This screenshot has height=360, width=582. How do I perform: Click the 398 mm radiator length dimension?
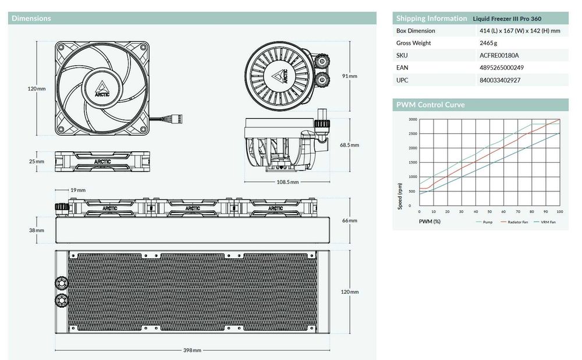tap(192, 350)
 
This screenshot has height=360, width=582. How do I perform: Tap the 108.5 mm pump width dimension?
tap(288, 182)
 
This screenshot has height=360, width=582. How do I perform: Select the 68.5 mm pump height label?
tap(350, 145)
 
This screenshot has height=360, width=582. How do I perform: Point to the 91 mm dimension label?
tap(350, 76)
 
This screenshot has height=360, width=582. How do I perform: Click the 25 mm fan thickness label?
tap(36, 161)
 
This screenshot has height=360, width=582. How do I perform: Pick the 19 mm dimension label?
tap(78, 190)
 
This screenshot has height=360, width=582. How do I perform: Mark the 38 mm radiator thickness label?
tap(36, 230)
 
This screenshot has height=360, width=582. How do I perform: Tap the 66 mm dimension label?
tap(350, 220)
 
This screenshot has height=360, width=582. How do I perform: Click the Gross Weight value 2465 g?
tap(488, 43)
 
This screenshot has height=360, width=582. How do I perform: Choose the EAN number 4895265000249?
tap(502, 67)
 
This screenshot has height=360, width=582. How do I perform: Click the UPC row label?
tap(402, 80)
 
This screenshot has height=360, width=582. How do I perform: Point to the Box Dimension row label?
tap(416, 31)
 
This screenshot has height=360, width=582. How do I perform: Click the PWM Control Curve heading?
tap(430, 105)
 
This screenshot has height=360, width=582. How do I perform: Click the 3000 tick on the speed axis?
tap(413, 119)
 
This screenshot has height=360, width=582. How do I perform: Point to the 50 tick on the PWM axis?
tap(489, 212)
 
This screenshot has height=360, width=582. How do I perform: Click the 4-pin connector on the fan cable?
tap(180, 119)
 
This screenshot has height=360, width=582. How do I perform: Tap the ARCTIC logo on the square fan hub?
tap(102, 88)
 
